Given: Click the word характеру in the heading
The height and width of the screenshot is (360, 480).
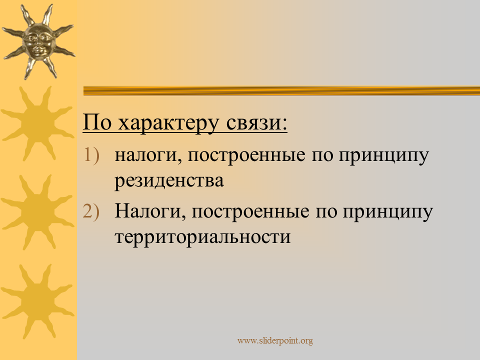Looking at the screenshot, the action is (x=168, y=123).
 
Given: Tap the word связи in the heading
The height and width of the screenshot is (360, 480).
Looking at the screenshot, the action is (x=252, y=123).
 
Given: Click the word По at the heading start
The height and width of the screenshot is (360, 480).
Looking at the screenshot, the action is (x=96, y=122).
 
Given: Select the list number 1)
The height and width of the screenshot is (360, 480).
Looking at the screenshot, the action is (x=91, y=154).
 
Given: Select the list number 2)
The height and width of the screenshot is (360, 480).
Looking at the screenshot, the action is (x=91, y=211).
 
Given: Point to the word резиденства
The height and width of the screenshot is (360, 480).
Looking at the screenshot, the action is (x=169, y=181).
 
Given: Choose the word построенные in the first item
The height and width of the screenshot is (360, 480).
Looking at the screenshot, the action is (x=246, y=155).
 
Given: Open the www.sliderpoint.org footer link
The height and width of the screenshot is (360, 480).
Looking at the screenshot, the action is (x=275, y=340).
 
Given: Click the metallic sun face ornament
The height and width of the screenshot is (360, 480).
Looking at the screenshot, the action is (x=38, y=41).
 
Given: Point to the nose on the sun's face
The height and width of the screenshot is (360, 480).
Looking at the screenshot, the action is (x=38, y=43).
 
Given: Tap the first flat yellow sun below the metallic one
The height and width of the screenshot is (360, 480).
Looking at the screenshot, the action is (x=37, y=123).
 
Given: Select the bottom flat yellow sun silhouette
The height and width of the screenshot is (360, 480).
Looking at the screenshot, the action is (x=37, y=301).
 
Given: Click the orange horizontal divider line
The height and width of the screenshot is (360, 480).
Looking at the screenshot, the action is (x=281, y=91).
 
